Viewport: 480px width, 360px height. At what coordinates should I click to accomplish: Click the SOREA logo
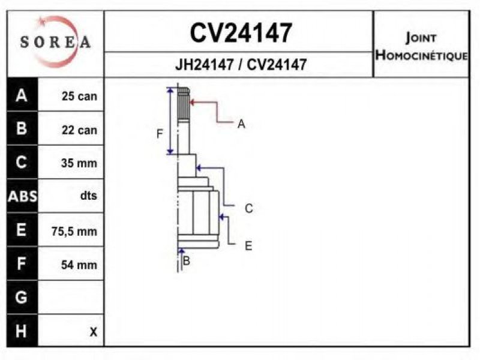tap(55, 41)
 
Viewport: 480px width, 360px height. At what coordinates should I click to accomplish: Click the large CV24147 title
tap(241, 33)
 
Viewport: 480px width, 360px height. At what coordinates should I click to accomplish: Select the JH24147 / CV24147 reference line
tap(241, 65)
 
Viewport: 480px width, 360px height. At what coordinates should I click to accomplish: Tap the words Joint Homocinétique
tap(422, 47)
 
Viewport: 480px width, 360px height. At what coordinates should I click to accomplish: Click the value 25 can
tap(79, 96)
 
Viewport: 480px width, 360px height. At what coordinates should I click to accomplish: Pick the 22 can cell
tap(79, 130)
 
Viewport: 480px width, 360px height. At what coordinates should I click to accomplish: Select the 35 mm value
tap(79, 163)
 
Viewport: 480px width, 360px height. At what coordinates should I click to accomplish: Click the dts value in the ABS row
tap(88, 196)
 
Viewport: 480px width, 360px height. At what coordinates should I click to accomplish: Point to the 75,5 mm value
tap(74, 231)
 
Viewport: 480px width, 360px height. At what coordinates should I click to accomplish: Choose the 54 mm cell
tap(79, 265)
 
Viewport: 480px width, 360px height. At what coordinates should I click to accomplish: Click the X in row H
tap(94, 332)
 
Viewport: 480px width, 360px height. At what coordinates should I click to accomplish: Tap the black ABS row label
tap(22, 196)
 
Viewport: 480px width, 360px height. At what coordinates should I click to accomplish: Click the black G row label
tap(22, 297)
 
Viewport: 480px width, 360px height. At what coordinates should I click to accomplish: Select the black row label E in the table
tap(22, 230)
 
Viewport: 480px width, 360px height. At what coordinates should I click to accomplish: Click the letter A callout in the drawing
tap(241, 124)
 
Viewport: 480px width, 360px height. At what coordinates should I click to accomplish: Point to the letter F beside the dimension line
tap(160, 134)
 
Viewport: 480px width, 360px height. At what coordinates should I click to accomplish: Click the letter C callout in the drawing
tap(249, 208)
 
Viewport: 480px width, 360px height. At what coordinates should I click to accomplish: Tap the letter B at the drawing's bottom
tap(186, 261)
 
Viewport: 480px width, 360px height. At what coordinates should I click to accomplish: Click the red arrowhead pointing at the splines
tap(193, 102)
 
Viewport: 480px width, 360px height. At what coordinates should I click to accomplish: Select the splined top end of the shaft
tap(184, 104)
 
